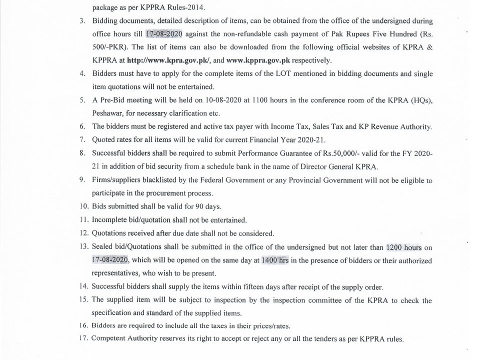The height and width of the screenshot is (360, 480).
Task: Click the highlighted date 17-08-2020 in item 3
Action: tap(164, 34)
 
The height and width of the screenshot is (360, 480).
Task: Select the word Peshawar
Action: tap(107, 113)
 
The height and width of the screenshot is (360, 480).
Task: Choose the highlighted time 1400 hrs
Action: tap(275, 260)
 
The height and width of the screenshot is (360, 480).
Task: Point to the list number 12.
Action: tap(83, 233)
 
